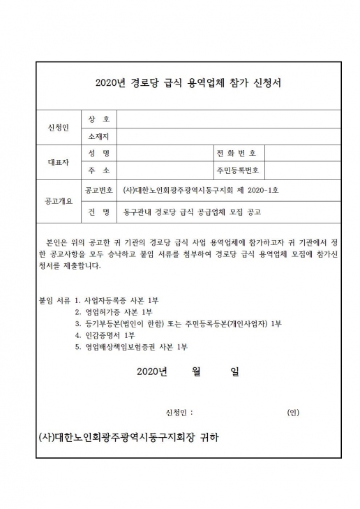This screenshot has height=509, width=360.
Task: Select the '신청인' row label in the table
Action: point(59,128)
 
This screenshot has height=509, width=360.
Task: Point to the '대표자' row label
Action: point(59,161)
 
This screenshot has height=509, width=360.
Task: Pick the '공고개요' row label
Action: point(59,200)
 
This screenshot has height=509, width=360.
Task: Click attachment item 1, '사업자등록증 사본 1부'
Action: point(128,298)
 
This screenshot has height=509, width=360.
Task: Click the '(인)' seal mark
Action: point(293,412)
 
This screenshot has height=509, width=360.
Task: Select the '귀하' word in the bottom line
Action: point(207,438)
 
